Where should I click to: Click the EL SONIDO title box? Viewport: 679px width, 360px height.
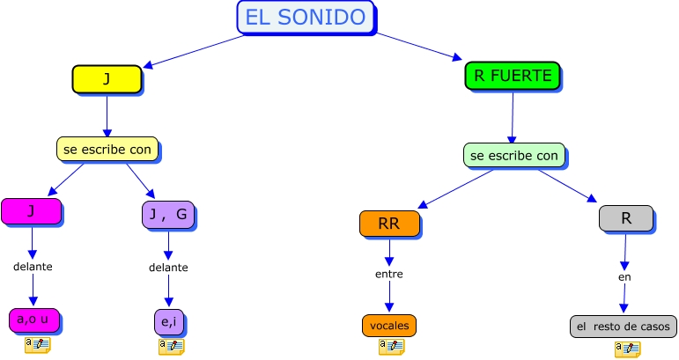pos(306,17)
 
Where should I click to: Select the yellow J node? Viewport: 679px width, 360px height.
pos(107,78)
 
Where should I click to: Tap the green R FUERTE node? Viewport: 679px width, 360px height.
pos(513,77)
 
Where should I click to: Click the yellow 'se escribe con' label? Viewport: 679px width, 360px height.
pos(107,149)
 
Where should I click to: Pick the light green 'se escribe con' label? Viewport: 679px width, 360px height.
pos(514,156)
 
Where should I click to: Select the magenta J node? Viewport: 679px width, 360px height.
pos(31,211)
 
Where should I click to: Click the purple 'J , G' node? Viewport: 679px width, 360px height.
pos(168,215)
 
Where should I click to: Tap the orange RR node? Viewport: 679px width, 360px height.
pos(388,224)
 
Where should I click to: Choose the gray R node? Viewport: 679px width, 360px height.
pos(625,217)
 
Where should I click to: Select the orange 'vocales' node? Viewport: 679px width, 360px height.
pos(388,325)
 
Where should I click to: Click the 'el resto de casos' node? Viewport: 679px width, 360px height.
pos(624,327)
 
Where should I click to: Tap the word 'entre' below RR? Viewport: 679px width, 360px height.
pos(388,274)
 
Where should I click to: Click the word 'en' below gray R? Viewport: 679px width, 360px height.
pos(624,276)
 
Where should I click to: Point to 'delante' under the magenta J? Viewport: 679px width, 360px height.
pos(33,266)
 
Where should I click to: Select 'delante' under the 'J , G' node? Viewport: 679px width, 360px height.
pos(168,267)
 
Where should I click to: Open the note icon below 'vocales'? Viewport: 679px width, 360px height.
pos(391,347)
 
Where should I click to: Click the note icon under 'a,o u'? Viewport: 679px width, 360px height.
pos(37,344)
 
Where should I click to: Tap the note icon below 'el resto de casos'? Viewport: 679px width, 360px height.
pos(627,349)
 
